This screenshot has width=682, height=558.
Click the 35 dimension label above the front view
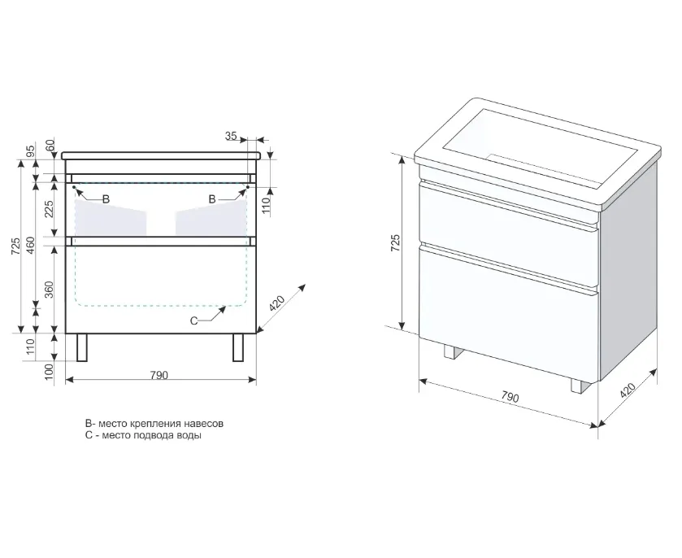point(231,136)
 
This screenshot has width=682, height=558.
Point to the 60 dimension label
point(51,145)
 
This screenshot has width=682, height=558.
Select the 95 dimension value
point(30,151)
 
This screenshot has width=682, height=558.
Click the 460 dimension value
point(30,246)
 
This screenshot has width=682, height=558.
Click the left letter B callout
point(106,199)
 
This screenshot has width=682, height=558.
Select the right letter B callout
point(212,199)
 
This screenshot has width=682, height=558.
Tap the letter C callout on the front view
point(194,320)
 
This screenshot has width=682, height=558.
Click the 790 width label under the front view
point(159,375)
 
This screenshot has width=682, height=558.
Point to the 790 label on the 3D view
point(510,396)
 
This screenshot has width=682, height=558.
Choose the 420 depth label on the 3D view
point(628,390)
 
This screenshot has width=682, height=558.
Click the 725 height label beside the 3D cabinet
point(395,243)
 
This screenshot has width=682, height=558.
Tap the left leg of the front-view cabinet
point(82,347)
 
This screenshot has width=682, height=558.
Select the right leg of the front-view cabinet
point(238,347)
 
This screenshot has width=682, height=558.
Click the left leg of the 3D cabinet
point(451,351)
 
